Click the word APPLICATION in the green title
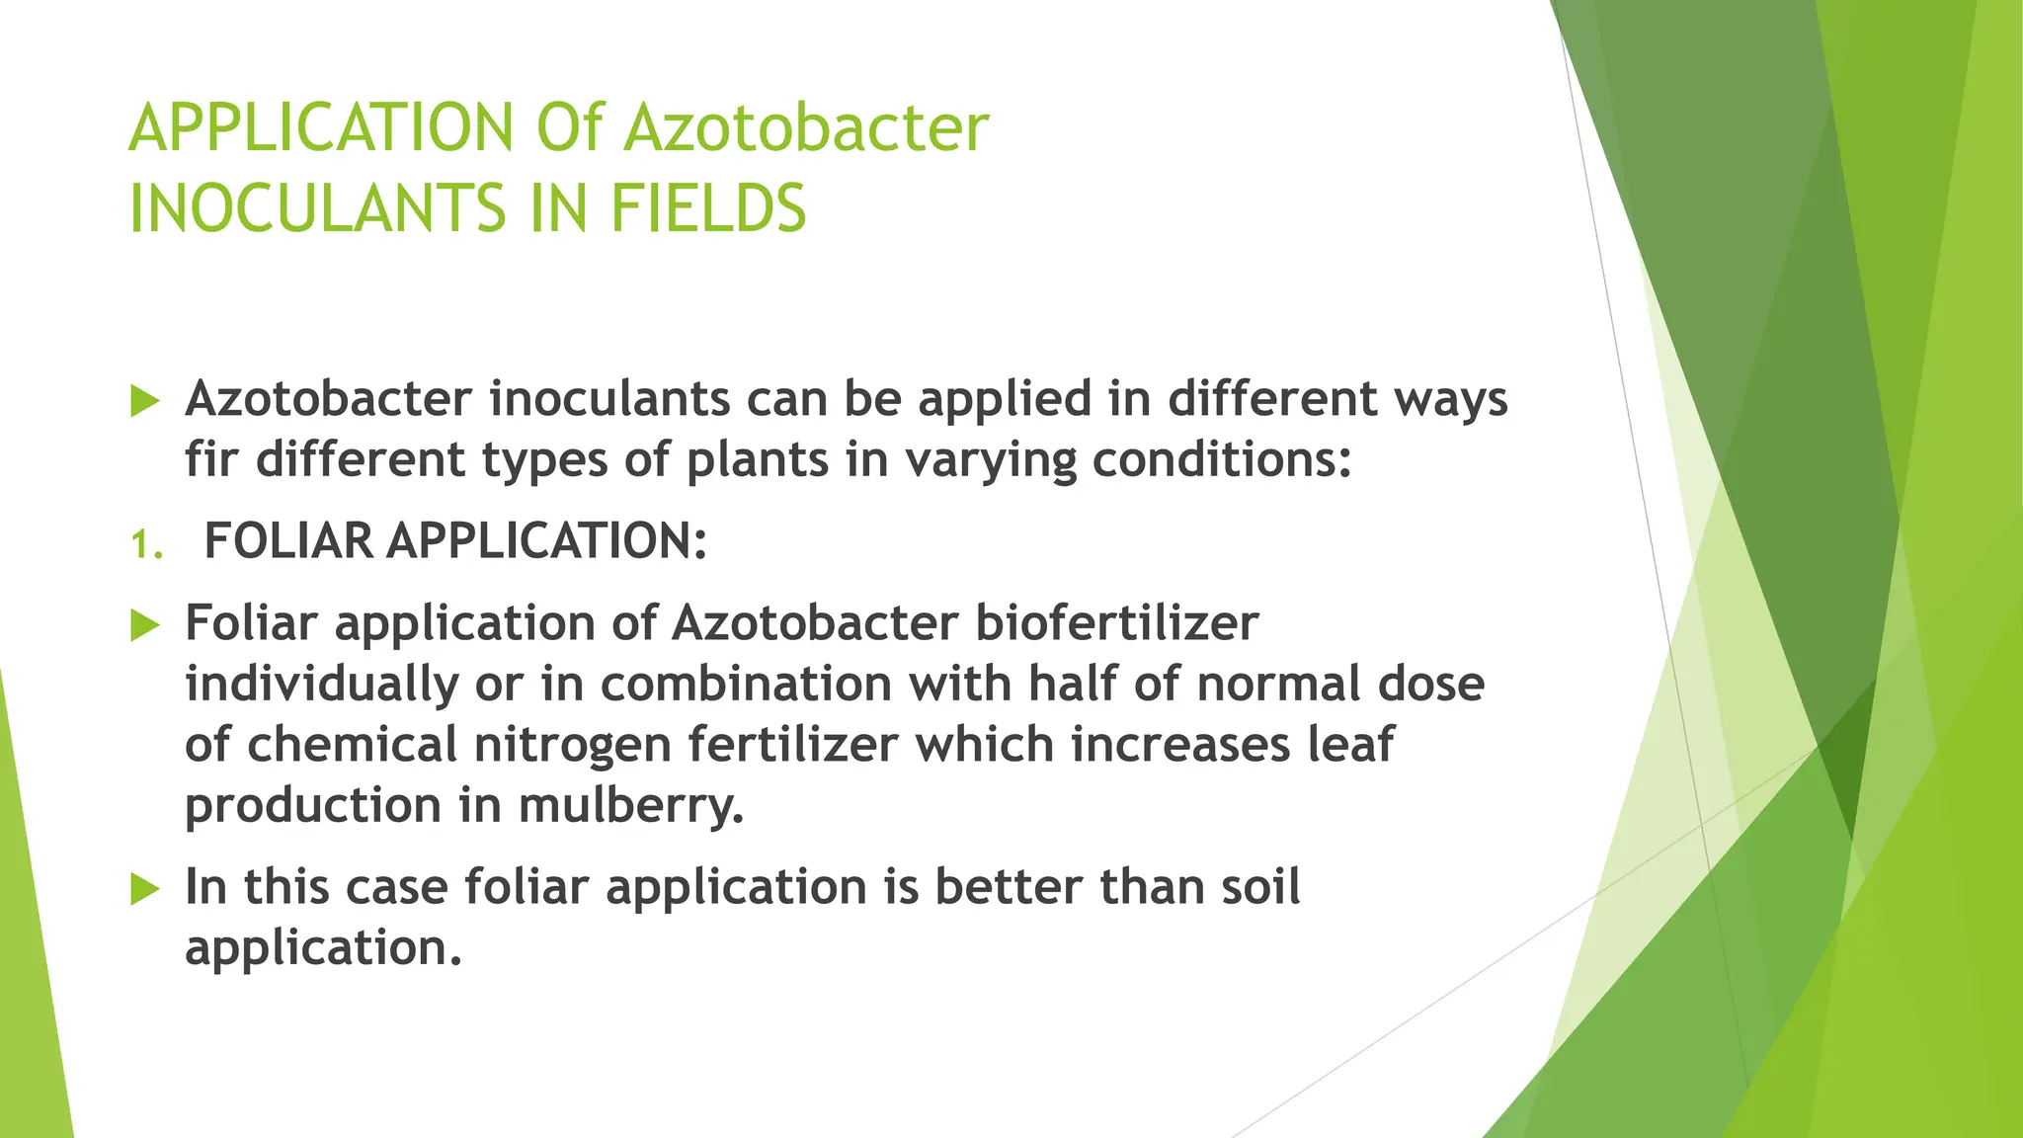click(321, 128)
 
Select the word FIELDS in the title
click(707, 209)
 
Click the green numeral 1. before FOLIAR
click(146, 545)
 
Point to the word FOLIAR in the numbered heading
click(287, 541)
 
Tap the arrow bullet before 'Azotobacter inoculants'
click(144, 402)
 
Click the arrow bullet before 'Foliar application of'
click(144, 625)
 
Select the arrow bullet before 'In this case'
click(144, 889)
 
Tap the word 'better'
click(1008, 886)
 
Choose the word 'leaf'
click(1350, 744)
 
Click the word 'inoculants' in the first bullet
click(607, 399)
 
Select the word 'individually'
click(321, 685)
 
